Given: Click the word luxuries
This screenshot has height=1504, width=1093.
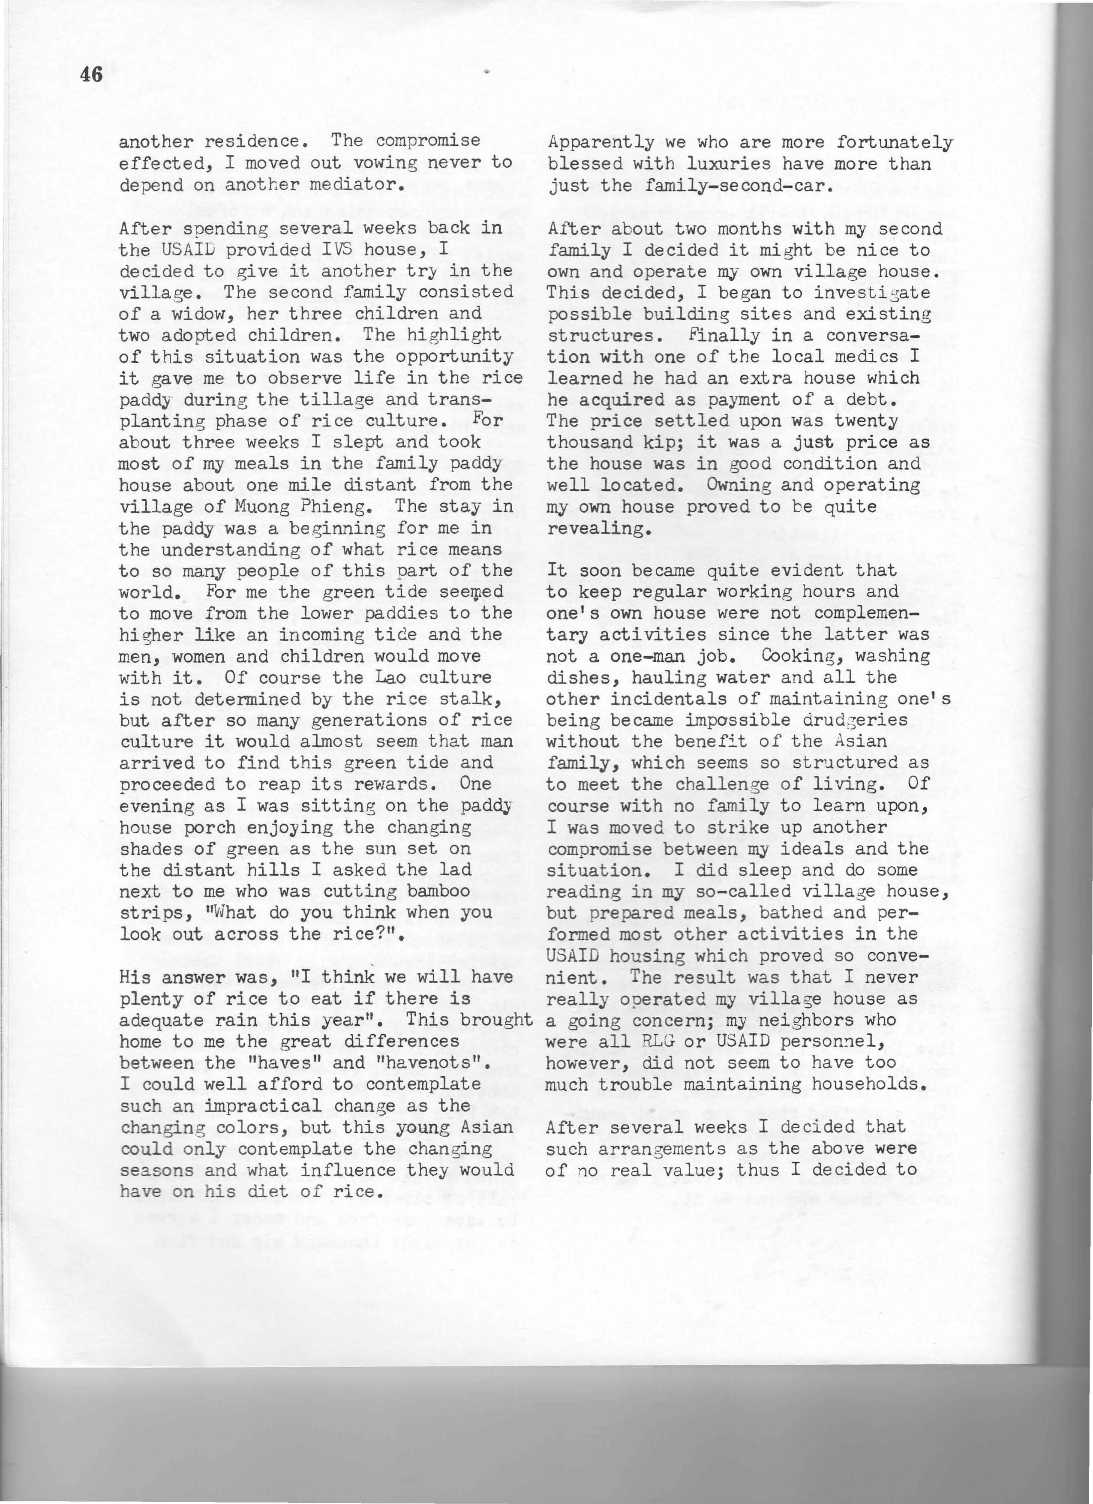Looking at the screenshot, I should coord(715,163).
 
